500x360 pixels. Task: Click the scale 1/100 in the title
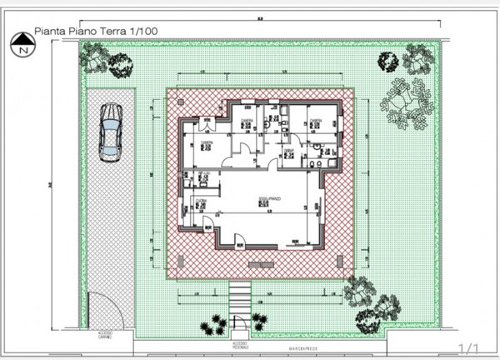click(142, 32)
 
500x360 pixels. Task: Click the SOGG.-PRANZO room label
click(268, 199)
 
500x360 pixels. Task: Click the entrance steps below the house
click(239, 295)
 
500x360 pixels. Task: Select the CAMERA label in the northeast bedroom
click(316, 122)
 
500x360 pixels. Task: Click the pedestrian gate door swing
click(241, 322)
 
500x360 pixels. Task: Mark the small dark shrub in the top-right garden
click(387, 61)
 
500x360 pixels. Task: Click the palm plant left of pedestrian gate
click(217, 325)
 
